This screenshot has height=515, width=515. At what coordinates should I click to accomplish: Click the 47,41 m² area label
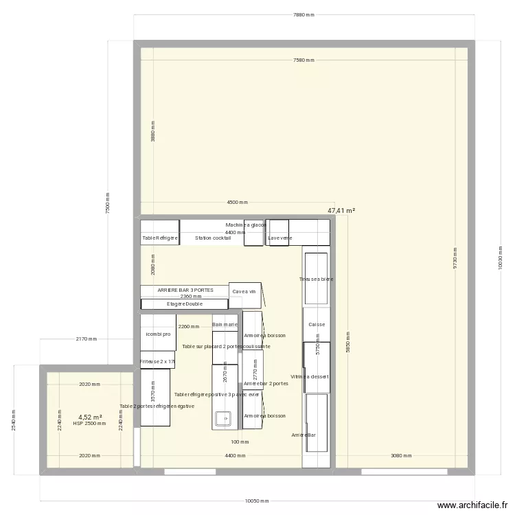(x=341, y=211)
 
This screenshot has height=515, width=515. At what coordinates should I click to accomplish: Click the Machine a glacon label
(x=246, y=225)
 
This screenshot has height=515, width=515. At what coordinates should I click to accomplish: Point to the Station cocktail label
(x=213, y=238)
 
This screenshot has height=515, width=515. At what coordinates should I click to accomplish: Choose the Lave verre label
(x=280, y=238)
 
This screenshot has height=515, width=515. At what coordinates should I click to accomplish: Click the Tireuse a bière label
(x=316, y=279)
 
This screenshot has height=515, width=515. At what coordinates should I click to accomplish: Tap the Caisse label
(x=317, y=324)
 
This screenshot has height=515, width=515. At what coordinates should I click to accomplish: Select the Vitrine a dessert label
(x=310, y=376)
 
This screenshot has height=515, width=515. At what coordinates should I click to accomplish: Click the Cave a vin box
(x=244, y=292)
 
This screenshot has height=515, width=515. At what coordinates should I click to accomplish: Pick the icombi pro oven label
(x=158, y=334)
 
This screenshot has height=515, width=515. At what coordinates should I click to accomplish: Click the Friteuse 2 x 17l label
(x=158, y=361)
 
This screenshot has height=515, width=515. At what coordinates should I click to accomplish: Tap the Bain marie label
(x=225, y=324)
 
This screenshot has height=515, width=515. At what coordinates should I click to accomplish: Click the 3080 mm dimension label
(x=401, y=455)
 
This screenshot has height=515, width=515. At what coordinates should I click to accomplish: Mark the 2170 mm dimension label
(x=87, y=339)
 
